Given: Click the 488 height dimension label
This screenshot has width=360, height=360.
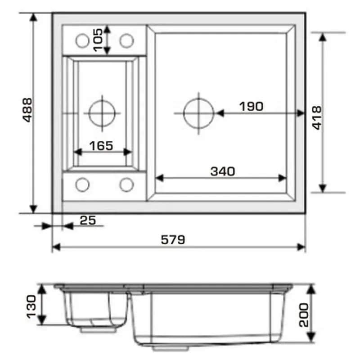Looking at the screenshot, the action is (x=27, y=110).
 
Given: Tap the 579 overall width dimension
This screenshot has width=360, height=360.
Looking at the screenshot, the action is (x=173, y=240).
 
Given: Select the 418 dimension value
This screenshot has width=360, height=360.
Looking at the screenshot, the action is (x=317, y=118).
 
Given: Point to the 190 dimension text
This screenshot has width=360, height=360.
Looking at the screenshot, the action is (x=251, y=107).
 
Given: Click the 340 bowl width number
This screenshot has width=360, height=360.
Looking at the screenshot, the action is (x=223, y=171).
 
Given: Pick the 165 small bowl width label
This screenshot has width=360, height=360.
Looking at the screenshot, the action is (x=101, y=146).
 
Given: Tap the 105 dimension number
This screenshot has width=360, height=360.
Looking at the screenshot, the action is (x=98, y=40).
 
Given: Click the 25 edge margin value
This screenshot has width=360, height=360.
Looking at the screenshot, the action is (x=88, y=220).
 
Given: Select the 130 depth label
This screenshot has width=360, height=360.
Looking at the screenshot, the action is (x=31, y=307).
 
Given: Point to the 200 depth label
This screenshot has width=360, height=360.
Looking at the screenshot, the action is (x=304, y=315).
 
